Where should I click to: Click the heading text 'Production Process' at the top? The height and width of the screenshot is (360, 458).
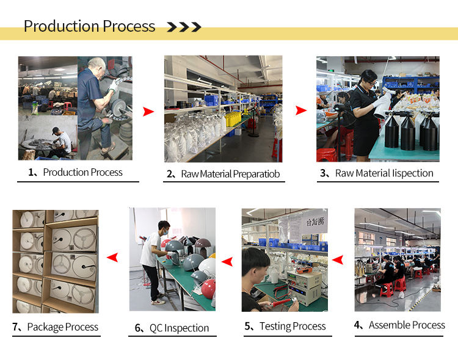pyautogui.click(x=89, y=26)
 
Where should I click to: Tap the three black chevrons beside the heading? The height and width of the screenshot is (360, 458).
pyautogui.click(x=184, y=27)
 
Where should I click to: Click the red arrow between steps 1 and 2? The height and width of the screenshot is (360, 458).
pyautogui.click(x=148, y=112)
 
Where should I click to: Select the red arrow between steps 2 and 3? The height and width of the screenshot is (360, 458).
pyautogui.click(x=301, y=110)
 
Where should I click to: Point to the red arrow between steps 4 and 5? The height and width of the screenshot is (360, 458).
pyautogui.click(x=338, y=259)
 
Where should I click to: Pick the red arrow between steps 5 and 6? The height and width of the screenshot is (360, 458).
pyautogui.click(x=227, y=261)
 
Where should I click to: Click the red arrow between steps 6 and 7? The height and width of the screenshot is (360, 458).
pyautogui.click(x=112, y=257)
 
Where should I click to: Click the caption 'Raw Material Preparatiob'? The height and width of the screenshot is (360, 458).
pyautogui.click(x=230, y=174)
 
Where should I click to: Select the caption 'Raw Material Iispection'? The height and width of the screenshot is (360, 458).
pyautogui.click(x=384, y=173)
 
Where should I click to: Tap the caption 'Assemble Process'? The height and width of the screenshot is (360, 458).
pyautogui.click(x=407, y=325)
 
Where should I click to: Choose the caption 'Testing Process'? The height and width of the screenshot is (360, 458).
pyautogui.click(x=293, y=326)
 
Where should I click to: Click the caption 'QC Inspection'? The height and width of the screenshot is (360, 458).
pyautogui.click(x=180, y=328)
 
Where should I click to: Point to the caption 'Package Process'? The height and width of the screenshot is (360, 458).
pyautogui.click(x=63, y=327)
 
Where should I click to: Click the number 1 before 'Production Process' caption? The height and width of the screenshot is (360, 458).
pyautogui.click(x=31, y=172)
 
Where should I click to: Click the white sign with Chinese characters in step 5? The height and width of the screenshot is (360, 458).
pyautogui.click(x=314, y=221)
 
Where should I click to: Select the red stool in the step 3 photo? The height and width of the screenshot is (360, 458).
pyautogui.click(x=326, y=155)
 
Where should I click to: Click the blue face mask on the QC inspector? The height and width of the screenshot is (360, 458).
pyautogui.click(x=165, y=232)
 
